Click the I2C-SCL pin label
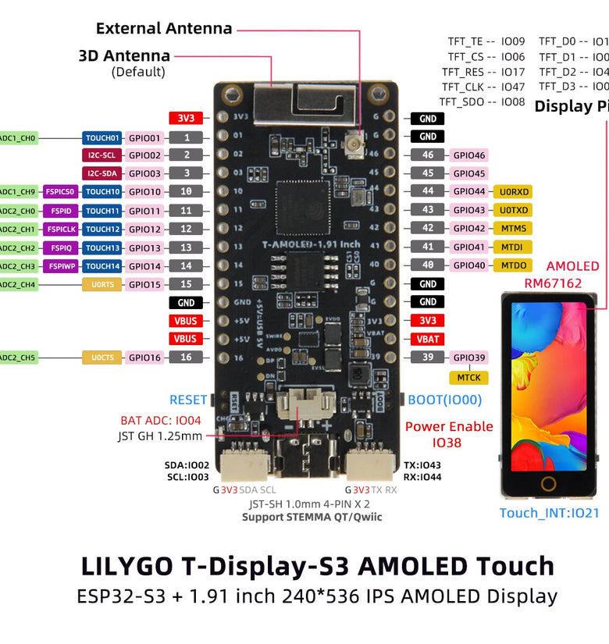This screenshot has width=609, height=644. click(101, 155)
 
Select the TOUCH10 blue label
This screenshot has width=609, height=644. click(102, 191)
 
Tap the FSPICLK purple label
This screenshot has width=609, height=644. click(62, 229)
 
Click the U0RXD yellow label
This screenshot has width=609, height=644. click(514, 191)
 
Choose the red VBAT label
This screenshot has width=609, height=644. click(428, 339)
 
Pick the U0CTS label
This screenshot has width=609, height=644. click(101, 358)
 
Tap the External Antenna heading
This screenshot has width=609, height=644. click(164, 29)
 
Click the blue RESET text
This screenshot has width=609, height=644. click(188, 400)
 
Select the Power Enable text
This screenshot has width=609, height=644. click(449, 426)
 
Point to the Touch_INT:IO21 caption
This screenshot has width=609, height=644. click(549, 513)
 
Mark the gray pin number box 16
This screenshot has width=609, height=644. click(186, 358)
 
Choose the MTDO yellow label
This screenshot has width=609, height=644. click(514, 265)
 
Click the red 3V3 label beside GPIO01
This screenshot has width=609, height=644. click(186, 119)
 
